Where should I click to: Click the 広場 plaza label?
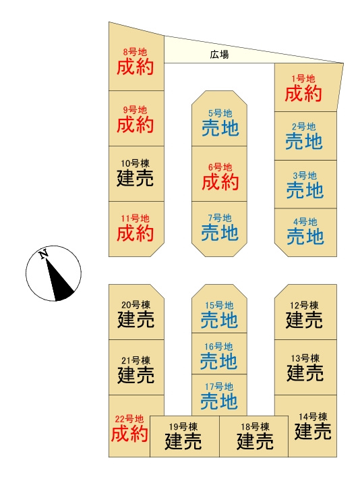[219, 55]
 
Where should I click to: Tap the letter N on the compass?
[44, 254]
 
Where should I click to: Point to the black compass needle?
[59, 279]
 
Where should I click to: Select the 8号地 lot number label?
[135, 52]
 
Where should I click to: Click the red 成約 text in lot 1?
[303, 94]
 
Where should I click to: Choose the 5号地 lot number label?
[220, 113]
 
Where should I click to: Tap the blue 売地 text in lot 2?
[304, 141]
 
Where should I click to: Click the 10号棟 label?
[135, 163]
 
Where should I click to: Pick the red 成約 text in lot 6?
[220, 182]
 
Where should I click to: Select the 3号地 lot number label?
[305, 175]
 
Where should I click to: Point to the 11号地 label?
[135, 219]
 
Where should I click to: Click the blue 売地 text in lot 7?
[220, 233]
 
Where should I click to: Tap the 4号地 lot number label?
[305, 222]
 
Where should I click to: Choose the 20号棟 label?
[136, 305]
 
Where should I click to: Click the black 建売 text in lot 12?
[304, 320]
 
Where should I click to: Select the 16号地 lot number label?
[218, 347]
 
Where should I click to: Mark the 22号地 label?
[129, 419]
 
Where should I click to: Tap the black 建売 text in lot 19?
[183, 441]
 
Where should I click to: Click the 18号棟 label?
[255, 427]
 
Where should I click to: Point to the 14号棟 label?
[313, 416]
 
